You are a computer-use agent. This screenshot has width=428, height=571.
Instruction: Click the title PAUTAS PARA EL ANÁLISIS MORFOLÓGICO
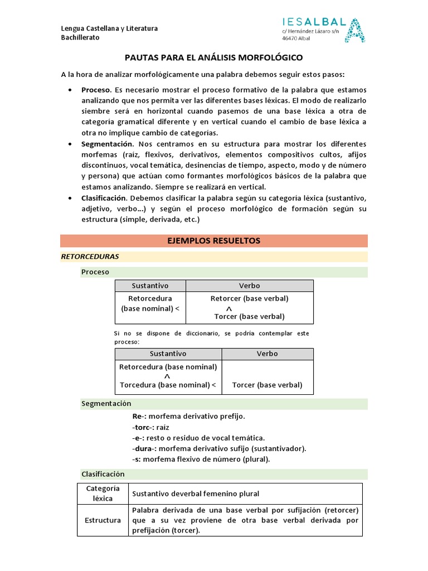click(213, 57)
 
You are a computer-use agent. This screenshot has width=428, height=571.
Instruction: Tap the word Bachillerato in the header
click(80, 37)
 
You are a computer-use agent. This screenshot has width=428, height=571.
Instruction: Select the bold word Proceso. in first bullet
click(96, 90)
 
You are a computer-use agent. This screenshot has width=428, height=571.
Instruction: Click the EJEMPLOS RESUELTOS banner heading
click(213, 241)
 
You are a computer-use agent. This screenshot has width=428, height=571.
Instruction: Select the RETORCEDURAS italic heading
click(89, 257)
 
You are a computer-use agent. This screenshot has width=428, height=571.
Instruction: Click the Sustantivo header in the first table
click(150, 285)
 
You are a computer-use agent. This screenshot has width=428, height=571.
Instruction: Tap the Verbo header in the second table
click(267, 354)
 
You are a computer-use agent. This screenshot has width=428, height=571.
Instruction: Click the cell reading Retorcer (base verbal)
click(249, 298)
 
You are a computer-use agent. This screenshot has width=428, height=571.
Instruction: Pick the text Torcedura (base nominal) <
click(168, 385)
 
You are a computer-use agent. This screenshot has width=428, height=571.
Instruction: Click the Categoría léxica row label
click(103, 493)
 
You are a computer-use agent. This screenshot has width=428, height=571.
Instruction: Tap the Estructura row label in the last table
click(103, 520)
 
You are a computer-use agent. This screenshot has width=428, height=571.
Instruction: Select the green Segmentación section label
click(106, 403)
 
